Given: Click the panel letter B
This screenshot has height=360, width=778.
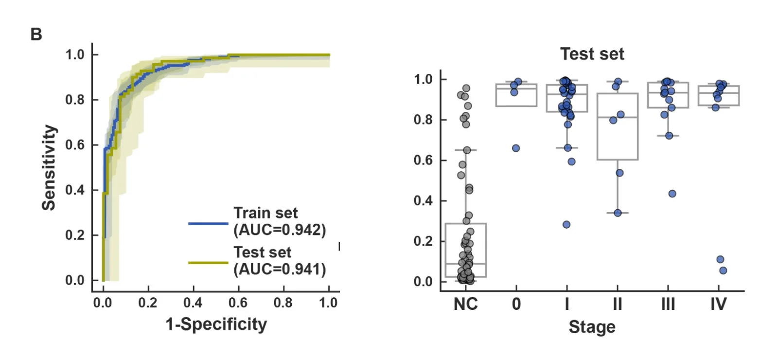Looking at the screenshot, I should (36, 35).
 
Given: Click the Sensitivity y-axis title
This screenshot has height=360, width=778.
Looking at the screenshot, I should (49, 167).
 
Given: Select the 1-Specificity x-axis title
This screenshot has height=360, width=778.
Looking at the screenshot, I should (216, 324).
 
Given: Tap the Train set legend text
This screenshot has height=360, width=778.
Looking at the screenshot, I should (265, 213).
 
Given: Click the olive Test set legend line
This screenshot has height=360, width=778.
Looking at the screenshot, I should (208, 263).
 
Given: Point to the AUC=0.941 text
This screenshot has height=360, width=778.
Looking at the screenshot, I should (280, 269).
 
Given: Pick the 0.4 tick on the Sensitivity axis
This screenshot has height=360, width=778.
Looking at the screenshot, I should (75, 190).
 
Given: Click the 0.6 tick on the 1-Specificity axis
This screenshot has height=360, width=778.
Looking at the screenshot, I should (238, 303).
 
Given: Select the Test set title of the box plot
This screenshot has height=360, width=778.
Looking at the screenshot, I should (592, 54).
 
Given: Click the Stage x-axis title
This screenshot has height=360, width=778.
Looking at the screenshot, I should (592, 327).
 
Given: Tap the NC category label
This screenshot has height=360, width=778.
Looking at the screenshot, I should (465, 305).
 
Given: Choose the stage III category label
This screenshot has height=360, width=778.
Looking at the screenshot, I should (668, 305).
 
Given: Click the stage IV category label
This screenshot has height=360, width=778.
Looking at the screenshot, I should (718, 305).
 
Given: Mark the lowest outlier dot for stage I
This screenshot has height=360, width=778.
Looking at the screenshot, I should (566, 225).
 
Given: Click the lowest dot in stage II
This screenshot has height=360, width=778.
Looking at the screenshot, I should (618, 213).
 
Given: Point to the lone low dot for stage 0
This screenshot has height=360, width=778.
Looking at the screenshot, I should (516, 148).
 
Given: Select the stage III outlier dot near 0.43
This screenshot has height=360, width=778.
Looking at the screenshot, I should (672, 194).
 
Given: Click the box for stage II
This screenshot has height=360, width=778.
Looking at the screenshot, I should (618, 126).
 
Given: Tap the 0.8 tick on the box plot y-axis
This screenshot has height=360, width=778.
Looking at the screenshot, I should (423, 120).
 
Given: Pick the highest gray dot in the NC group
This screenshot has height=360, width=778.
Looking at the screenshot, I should (466, 88).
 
